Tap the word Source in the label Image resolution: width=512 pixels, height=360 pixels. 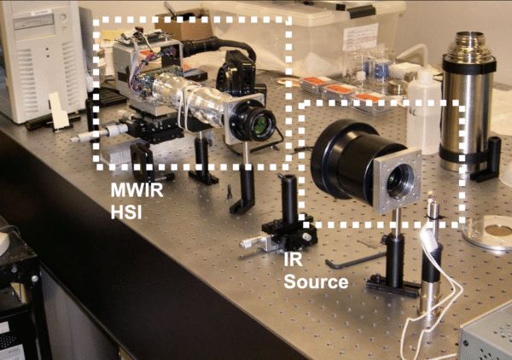[x=316, y=281]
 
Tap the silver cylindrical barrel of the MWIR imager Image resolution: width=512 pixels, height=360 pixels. [x=205, y=107]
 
